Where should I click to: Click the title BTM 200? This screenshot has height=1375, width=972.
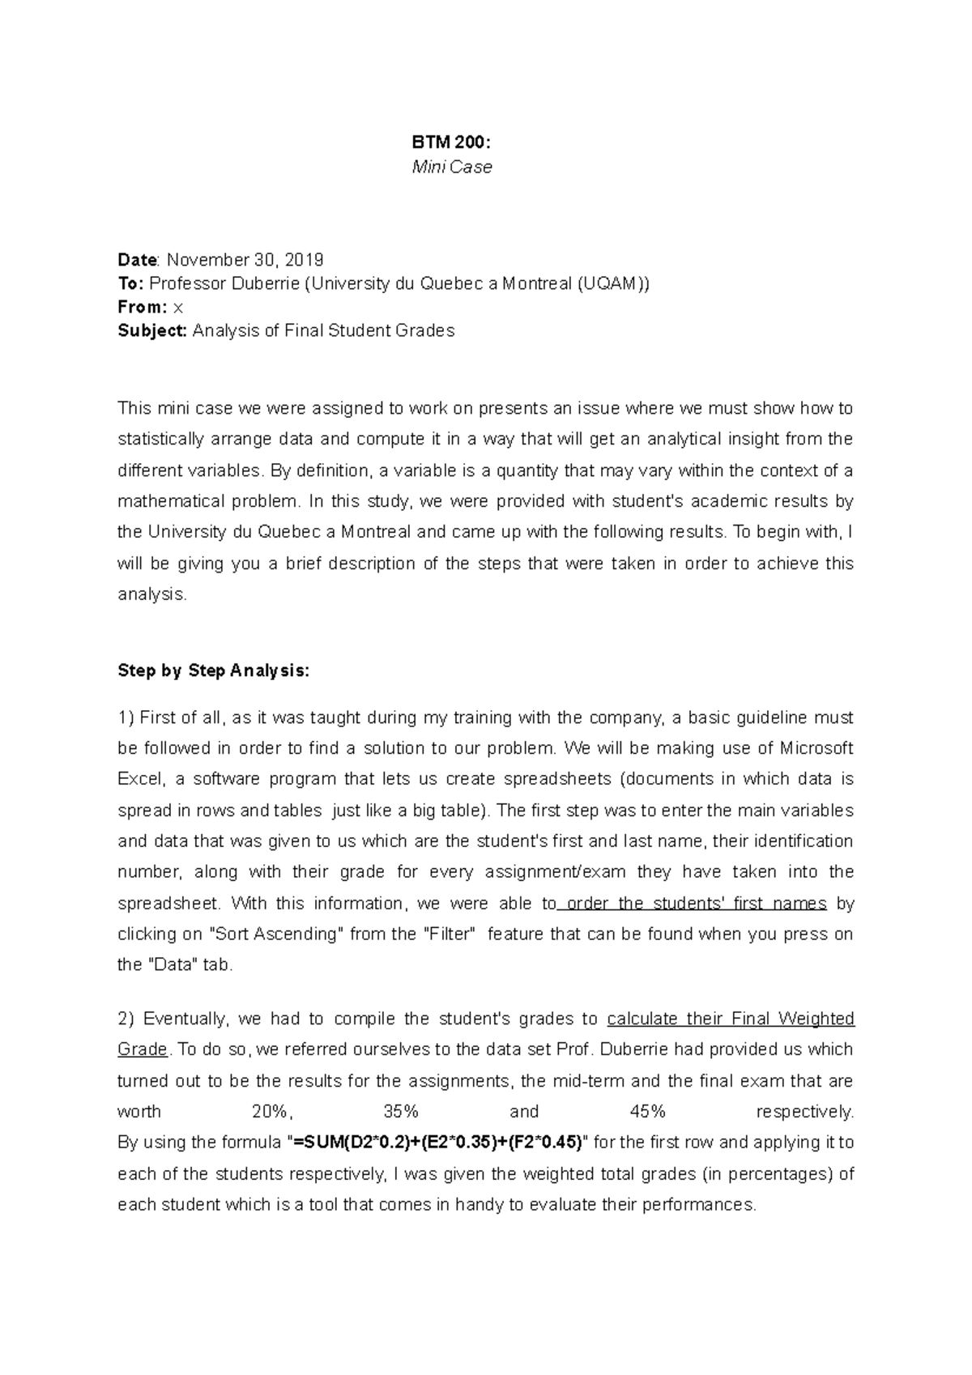pyautogui.click(x=451, y=143)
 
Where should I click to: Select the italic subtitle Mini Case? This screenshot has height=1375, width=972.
pyautogui.click(x=451, y=168)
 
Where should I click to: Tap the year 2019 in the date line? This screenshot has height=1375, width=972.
pyautogui.click(x=305, y=260)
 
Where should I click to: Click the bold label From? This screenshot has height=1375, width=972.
pyautogui.click(x=143, y=307)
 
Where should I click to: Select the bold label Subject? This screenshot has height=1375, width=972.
pyautogui.click(x=152, y=330)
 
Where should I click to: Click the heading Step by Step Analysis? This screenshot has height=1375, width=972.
pyautogui.click(x=213, y=670)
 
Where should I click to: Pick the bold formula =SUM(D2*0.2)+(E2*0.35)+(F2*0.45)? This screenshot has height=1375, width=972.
pyautogui.click(x=438, y=1143)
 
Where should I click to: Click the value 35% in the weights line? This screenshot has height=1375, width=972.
pyautogui.click(x=401, y=1112)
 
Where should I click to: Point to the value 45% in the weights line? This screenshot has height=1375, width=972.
pyautogui.click(x=647, y=1112)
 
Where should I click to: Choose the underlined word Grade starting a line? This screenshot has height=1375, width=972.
pyautogui.click(x=143, y=1049)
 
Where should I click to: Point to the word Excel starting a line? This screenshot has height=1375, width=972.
pyautogui.click(x=141, y=779)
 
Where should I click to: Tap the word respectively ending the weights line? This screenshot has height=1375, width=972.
pyautogui.click(x=804, y=1112)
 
